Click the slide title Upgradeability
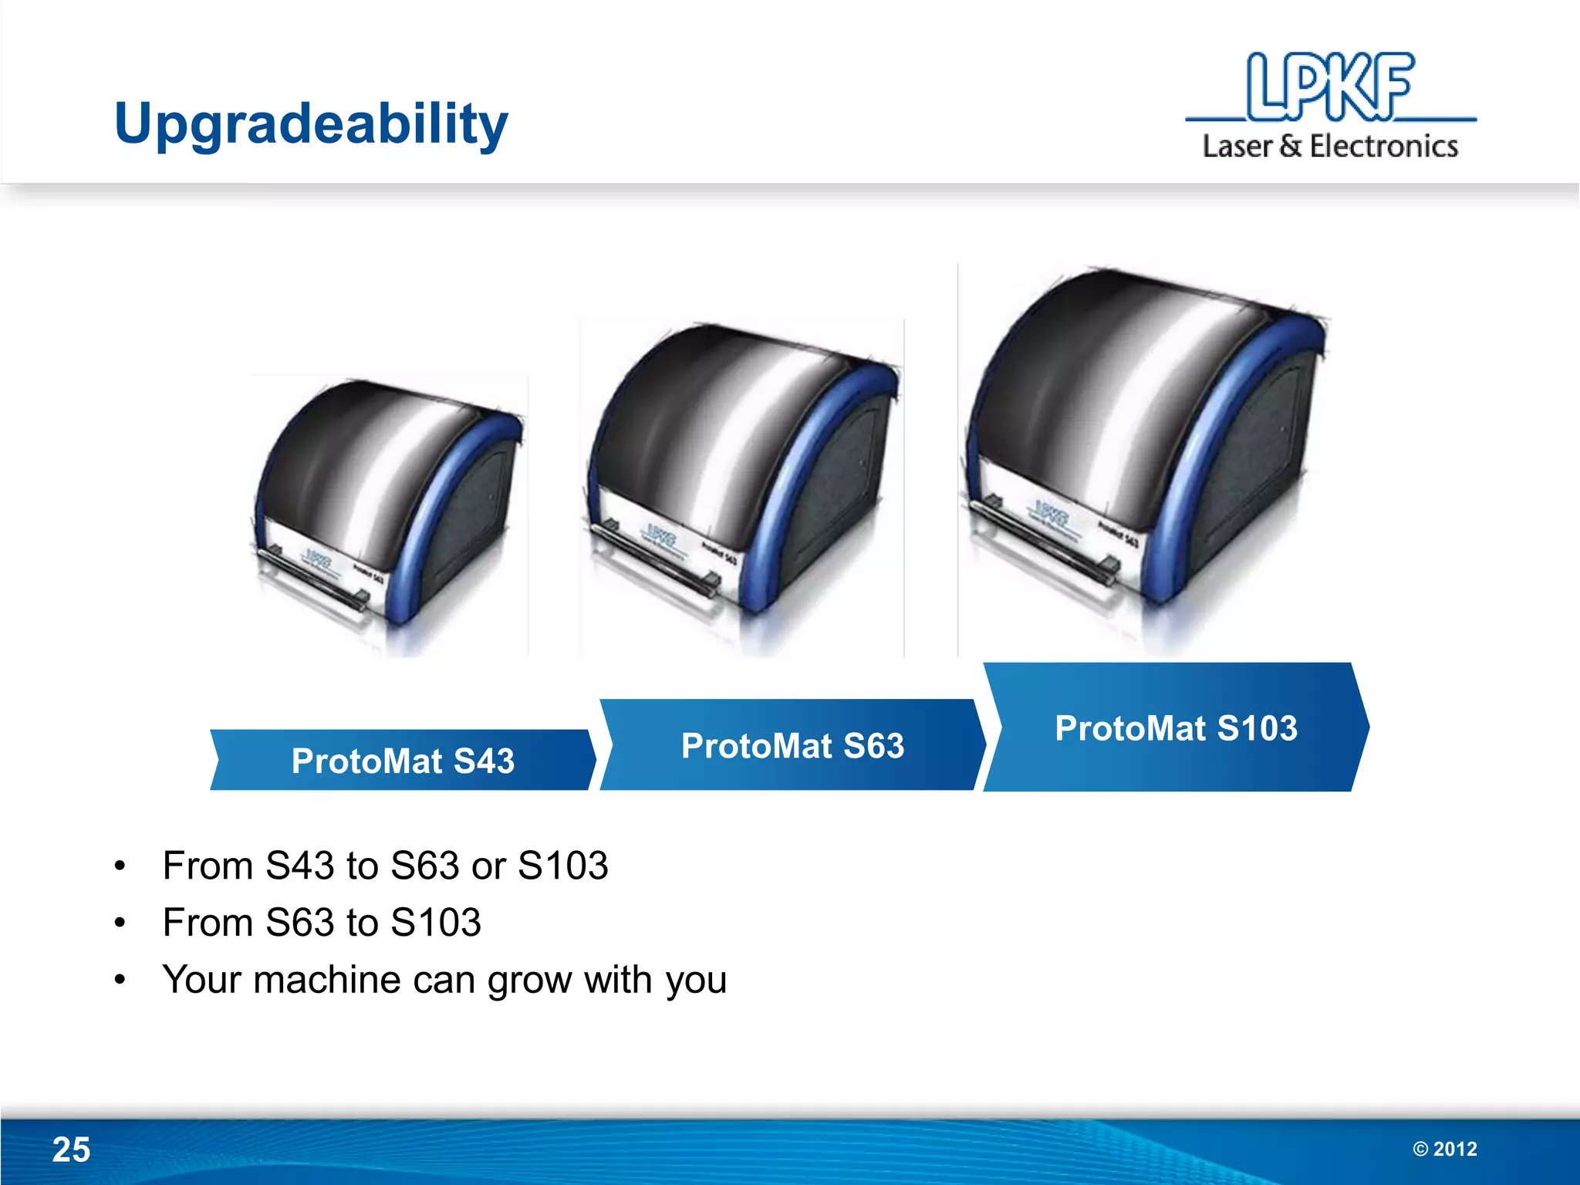(311, 123)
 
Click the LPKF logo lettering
(1330, 86)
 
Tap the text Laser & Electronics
(1330, 146)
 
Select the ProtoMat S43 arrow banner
(403, 761)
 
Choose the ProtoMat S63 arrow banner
(792, 745)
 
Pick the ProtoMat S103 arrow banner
(1176, 728)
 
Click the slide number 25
(71, 1150)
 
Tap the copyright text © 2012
(1445, 1149)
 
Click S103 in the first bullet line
(562, 866)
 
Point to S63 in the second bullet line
(299, 923)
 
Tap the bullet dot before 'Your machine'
(120, 981)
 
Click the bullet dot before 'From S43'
(120, 866)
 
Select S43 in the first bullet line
(299, 866)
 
